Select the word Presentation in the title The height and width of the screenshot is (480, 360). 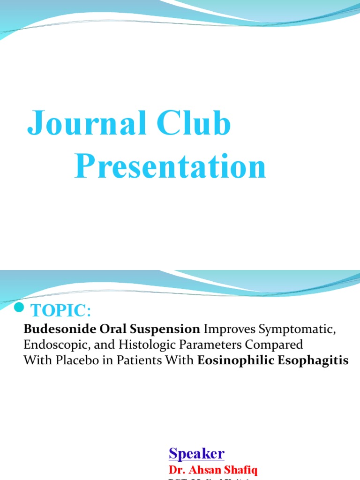tap(170, 167)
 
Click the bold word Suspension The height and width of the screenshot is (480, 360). tap(165, 330)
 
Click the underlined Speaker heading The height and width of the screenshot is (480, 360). tap(196, 454)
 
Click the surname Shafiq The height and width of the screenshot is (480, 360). tap(242, 470)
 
